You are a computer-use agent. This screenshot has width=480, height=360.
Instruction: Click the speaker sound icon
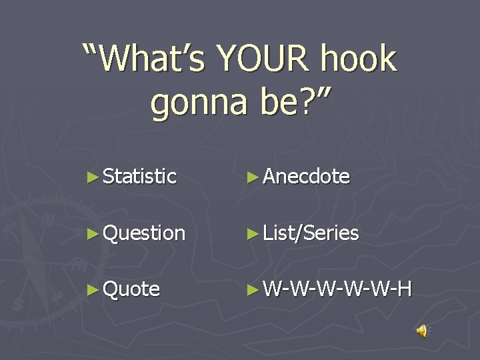(x=422, y=330)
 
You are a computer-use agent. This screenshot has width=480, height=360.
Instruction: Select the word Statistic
(x=140, y=177)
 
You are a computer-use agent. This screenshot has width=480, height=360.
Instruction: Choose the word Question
(x=145, y=233)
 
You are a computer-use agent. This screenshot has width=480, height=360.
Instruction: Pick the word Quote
(x=132, y=289)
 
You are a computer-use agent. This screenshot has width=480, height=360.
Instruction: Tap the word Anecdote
(x=307, y=177)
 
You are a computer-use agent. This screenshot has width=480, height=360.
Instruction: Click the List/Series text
(x=311, y=233)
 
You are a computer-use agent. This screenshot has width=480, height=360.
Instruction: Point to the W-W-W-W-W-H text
(x=337, y=289)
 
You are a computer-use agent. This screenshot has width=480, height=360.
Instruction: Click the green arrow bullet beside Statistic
(x=93, y=177)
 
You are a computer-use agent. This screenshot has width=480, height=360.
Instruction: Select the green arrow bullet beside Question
(x=93, y=233)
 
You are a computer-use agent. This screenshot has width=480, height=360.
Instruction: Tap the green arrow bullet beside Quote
(x=93, y=289)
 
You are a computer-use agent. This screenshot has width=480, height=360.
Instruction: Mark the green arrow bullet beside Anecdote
(x=252, y=177)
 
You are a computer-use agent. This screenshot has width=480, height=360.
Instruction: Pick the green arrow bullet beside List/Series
(x=252, y=233)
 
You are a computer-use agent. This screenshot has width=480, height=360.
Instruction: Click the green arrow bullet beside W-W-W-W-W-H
(x=252, y=289)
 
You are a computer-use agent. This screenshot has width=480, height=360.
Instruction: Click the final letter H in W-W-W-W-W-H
(x=404, y=289)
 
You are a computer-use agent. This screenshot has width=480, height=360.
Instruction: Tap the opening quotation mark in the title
(x=91, y=48)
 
